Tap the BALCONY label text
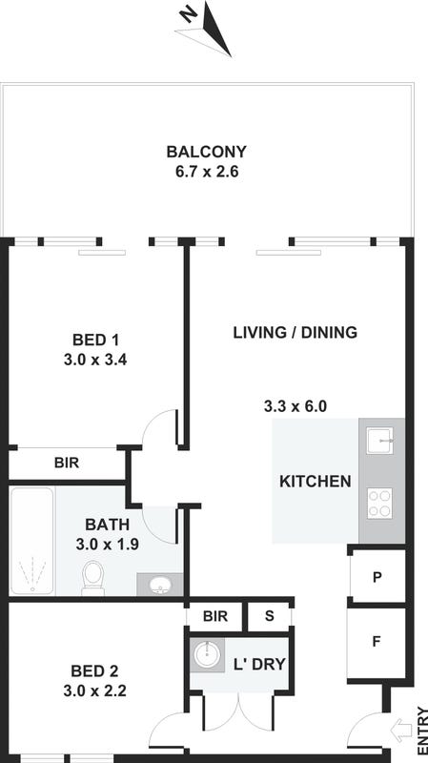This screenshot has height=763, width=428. pos(206,152)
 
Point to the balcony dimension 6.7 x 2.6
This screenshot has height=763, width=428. pos(207,172)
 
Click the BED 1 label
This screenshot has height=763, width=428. pos(95,340)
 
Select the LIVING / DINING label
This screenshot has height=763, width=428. pos(296,333)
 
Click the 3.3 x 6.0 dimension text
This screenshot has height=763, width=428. pos(296,406)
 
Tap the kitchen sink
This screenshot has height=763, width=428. pos(379,441)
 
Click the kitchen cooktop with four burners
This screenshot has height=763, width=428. pos(379,504)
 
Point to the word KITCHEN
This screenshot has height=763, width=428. pos(316,482)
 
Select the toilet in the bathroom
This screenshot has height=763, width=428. pos(92,578)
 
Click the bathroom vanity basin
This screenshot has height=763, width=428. pos(159,585)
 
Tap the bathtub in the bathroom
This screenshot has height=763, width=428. pos(32,541)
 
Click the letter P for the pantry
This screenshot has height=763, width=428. pos(377,578)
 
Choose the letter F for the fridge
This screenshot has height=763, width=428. pos(376,642)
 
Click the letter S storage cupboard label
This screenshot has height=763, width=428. pos(269,616)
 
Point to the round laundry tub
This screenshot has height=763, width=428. pos(207,654)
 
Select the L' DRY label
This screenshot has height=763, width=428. pos(258,664)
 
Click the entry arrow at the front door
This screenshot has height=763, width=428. pos(400,731)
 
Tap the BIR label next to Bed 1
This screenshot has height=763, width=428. pos(67,463)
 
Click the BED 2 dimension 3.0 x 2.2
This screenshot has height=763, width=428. pos(94,691)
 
